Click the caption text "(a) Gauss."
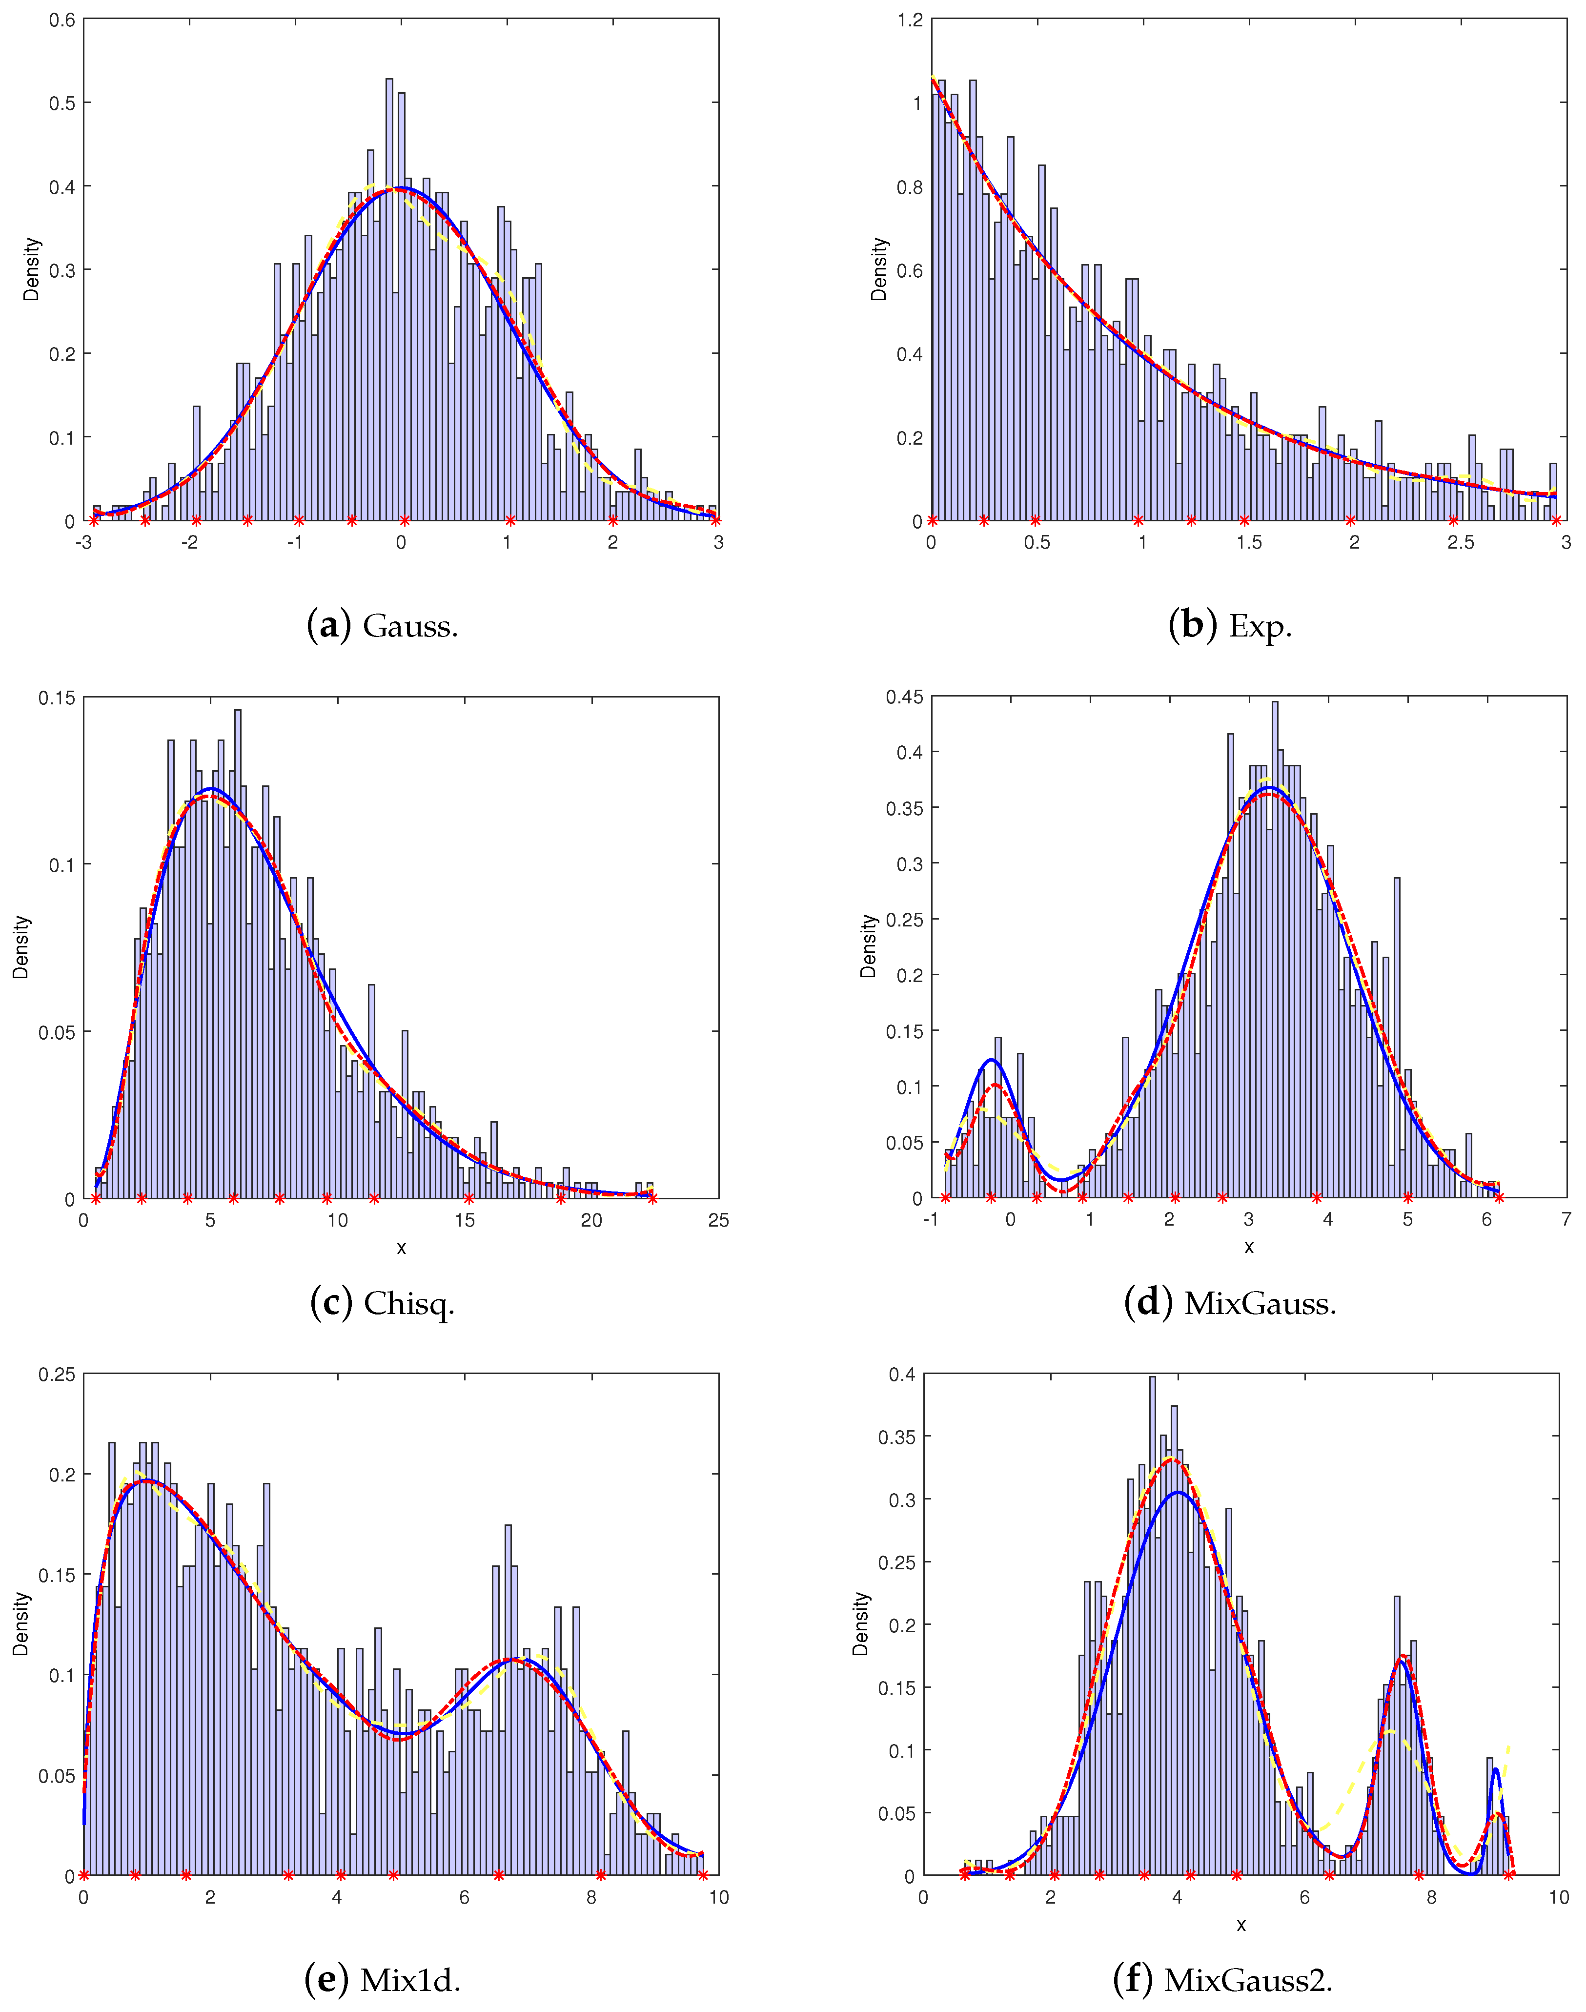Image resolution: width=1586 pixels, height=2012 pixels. [383, 626]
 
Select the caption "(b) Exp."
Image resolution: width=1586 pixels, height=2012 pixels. [1229, 626]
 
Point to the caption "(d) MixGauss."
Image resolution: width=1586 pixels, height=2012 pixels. [1229, 1303]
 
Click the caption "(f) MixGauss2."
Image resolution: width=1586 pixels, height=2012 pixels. [1222, 1980]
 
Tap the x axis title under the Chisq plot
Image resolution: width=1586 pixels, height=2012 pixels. [401, 1248]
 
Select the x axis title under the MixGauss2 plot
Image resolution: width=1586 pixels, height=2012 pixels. [1240, 1925]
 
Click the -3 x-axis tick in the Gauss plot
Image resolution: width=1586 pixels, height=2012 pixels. [83, 542]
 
